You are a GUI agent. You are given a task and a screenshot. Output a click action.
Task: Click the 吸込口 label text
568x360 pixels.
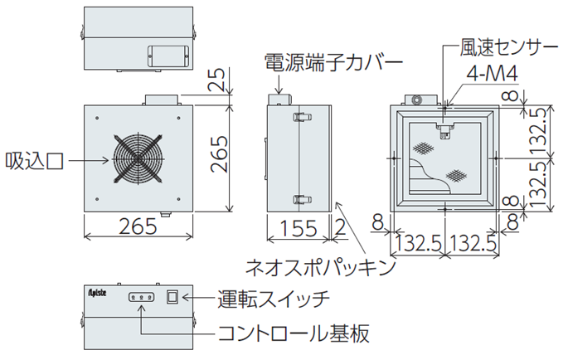pyautogui.click(x=35, y=161)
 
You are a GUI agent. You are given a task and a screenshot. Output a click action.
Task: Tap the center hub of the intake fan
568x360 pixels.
pyautogui.click(x=138, y=158)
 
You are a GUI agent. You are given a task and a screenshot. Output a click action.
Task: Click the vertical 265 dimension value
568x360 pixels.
pyautogui.click(x=220, y=153)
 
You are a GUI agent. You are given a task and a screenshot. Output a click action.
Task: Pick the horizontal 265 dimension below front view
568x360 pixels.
pyautogui.click(x=138, y=226)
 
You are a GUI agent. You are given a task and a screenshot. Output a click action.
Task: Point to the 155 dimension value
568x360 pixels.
pyautogui.click(x=299, y=228)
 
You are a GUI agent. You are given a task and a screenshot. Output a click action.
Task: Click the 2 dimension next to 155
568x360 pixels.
pyautogui.click(x=340, y=228)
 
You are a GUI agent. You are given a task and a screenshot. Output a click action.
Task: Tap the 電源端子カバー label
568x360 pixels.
pyautogui.click(x=333, y=63)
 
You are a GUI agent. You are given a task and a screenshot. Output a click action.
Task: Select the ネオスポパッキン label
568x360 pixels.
pyautogui.click(x=321, y=267)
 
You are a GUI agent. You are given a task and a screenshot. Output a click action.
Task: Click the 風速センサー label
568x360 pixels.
pyautogui.click(x=509, y=47)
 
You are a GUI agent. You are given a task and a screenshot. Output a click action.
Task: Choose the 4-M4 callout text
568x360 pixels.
pyautogui.click(x=493, y=74)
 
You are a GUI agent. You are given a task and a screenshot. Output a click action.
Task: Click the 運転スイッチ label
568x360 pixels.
pyautogui.click(x=274, y=299)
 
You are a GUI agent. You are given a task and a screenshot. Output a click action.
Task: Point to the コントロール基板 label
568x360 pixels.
pyautogui.click(x=294, y=333)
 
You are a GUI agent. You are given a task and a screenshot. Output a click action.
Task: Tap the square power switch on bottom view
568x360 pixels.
pyautogui.click(x=172, y=297)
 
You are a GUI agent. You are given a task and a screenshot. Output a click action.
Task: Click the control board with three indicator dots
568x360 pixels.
pyautogui.click(x=141, y=297)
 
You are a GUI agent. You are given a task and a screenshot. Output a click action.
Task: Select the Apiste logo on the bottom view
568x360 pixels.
pyautogui.click(x=97, y=292)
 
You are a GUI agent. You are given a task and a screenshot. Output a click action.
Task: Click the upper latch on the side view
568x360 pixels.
pyautogui.click(x=302, y=117)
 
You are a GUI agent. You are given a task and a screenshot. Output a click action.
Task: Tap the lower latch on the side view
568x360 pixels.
pyautogui.click(x=302, y=199)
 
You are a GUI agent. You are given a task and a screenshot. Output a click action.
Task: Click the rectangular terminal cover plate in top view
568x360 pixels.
pyautogui.click(x=168, y=56)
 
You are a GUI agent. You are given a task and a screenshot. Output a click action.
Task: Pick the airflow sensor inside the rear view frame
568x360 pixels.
pyautogui.click(x=445, y=130)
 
